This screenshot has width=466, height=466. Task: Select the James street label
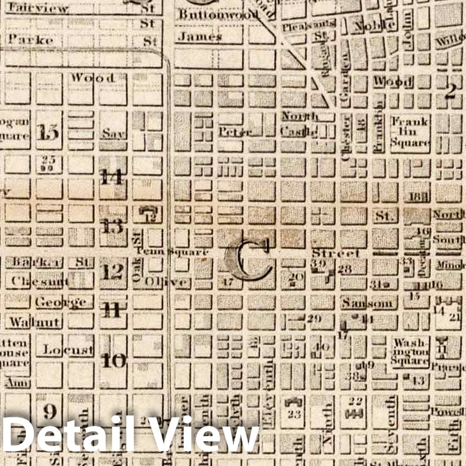point(200,37)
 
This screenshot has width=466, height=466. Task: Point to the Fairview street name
point(38,8)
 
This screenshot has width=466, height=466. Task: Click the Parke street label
point(31,40)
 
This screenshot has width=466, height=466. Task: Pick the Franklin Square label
point(410,131)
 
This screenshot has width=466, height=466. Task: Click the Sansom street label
point(369,303)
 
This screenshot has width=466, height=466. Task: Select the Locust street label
point(59,350)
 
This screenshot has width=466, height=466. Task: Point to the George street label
point(61,302)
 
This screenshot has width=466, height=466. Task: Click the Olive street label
point(165,282)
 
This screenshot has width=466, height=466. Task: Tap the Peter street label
point(235,132)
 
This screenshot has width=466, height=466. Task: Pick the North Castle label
point(300,124)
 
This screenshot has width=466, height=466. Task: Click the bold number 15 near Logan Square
point(47,131)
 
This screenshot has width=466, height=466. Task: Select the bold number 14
point(112,177)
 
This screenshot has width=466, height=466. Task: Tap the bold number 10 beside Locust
point(114,360)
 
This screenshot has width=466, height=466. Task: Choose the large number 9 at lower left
point(50,411)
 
